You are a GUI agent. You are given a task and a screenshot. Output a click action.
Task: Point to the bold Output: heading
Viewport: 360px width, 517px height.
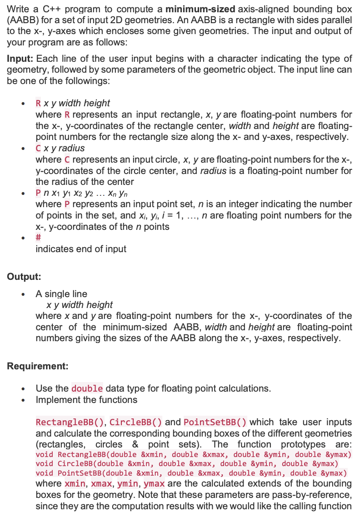24,276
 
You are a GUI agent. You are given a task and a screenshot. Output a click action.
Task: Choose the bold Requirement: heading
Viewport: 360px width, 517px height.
37,366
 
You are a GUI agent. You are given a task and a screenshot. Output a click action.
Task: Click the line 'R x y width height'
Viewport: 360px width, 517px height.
73,103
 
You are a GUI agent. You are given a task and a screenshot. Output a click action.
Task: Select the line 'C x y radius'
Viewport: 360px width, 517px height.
60,148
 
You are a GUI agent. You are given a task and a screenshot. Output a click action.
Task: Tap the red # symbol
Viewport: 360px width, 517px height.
39,238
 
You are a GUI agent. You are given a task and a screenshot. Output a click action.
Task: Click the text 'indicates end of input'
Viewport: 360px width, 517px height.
81,249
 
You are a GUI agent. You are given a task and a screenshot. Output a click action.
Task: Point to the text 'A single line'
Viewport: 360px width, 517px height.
61,294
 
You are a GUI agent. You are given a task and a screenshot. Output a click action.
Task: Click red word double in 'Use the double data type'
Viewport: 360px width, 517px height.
87,389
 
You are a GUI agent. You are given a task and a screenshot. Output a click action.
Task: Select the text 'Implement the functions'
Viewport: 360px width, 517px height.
86,400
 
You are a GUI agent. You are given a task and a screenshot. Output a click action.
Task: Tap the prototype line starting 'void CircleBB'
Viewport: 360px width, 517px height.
187,464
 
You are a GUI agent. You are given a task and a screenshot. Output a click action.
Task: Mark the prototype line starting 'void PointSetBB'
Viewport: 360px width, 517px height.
191,473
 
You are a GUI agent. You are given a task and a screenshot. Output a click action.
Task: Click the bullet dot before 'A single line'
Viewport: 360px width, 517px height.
23,294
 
